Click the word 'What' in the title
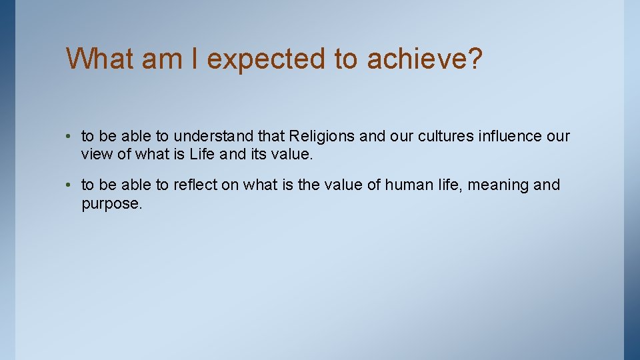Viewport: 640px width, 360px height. [x=99, y=59]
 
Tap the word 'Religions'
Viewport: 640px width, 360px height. [x=322, y=137]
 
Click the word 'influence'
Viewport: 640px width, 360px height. [x=510, y=137]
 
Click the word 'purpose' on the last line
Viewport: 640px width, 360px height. [x=111, y=204]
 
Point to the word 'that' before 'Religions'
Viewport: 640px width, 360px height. [x=271, y=137]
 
